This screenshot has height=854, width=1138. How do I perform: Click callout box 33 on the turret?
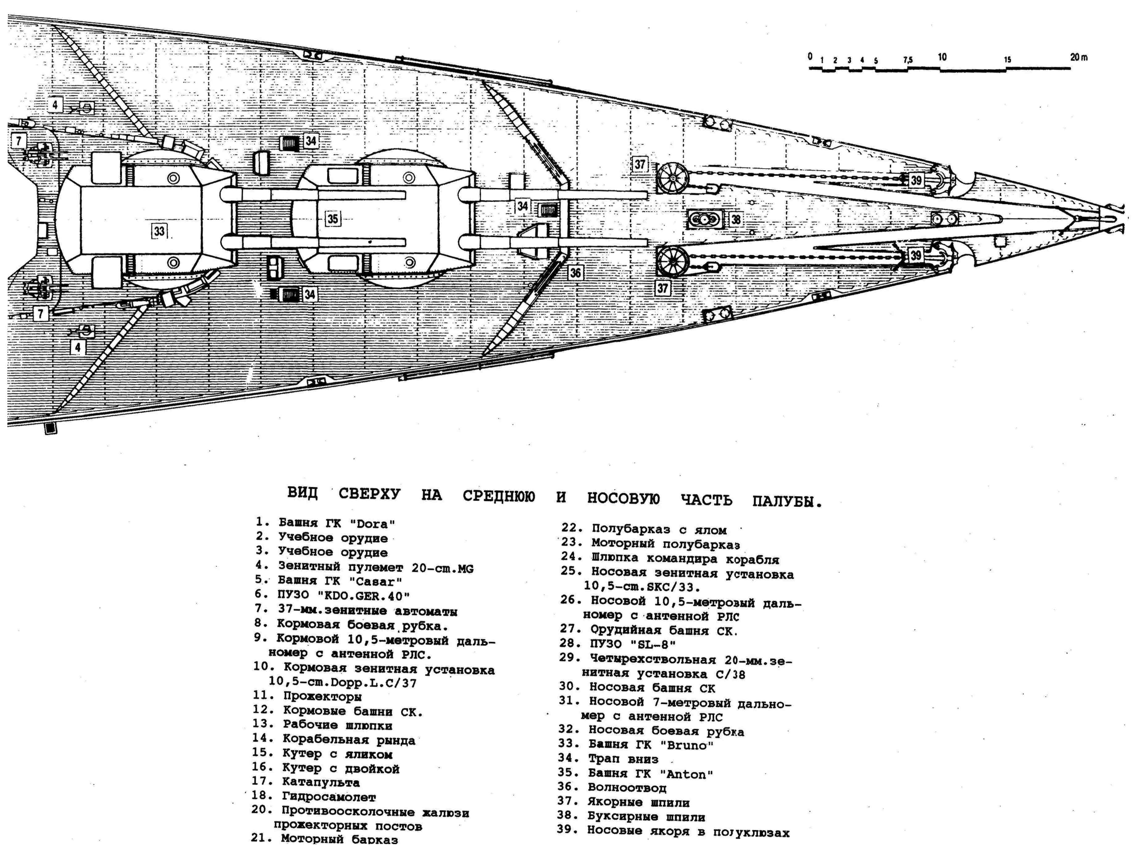point(159,231)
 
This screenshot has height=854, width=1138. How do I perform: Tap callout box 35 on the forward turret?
point(333,219)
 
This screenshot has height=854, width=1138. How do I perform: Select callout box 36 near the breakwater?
point(575,272)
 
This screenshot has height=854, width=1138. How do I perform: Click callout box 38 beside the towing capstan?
point(736,220)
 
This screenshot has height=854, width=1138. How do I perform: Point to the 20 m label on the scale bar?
point(1079,58)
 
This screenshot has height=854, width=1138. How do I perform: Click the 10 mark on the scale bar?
point(942,57)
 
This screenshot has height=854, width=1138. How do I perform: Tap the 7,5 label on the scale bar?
point(907,60)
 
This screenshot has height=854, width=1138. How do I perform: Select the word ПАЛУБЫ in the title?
point(787,502)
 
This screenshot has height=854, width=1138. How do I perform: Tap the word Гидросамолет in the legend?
point(329,797)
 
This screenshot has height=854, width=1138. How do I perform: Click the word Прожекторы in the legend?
point(323,697)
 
